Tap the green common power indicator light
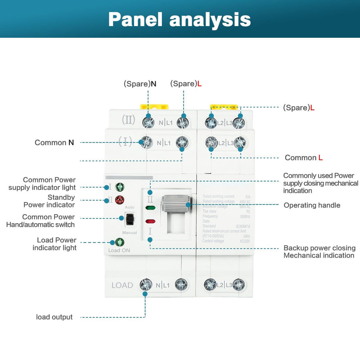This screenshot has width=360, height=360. click(x=120, y=187)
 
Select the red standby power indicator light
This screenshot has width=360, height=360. click(x=120, y=200)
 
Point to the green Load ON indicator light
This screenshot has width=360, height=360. click(x=119, y=242)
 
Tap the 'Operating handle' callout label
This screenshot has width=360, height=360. click(x=312, y=205)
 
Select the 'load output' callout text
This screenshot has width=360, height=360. click(x=54, y=317)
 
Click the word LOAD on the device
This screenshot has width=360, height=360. click(x=122, y=285)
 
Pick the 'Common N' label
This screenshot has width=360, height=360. click(x=54, y=143)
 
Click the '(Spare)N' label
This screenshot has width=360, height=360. click(x=140, y=84)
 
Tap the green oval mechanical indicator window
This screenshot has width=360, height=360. click(x=151, y=208)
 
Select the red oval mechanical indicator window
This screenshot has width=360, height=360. click(x=151, y=221)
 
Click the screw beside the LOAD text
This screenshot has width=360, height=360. click(x=145, y=284)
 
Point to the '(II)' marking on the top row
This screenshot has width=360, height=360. click(x=128, y=121)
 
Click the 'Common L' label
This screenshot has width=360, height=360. click(x=304, y=157)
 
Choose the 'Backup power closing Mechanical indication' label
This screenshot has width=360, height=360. click(x=319, y=252)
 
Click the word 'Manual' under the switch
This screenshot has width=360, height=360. click(x=130, y=233)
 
